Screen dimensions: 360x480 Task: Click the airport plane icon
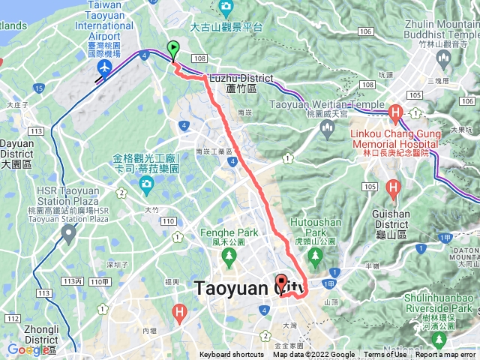[x=103, y=68]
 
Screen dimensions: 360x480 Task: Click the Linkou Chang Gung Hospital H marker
[x=395, y=113]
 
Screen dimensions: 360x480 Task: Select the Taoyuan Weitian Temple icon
[x=326, y=128]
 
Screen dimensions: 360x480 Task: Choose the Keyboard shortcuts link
[x=231, y=355]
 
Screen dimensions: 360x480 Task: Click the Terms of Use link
[x=385, y=355]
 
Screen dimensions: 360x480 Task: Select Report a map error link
[x=445, y=355]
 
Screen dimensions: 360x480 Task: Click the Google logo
[x=28, y=349]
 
